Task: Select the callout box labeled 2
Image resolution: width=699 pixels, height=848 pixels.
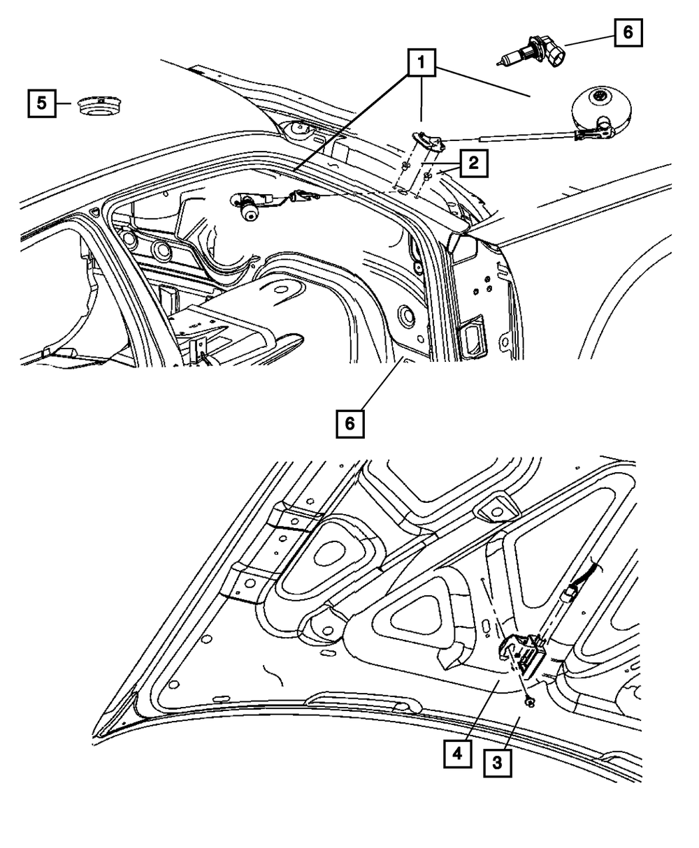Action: [473, 164]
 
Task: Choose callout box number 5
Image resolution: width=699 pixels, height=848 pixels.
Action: [42, 103]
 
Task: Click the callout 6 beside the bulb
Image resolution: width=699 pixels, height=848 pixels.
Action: [627, 32]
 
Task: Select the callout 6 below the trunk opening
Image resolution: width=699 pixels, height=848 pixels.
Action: [349, 423]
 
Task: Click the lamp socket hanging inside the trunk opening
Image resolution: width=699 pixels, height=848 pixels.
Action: [248, 207]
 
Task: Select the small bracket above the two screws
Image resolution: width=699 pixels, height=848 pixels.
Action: [429, 141]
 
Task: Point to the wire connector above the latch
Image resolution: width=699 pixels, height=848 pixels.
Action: [570, 594]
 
